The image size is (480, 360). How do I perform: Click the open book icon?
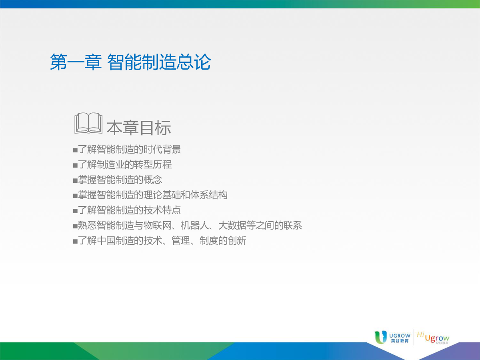click(x=88, y=123)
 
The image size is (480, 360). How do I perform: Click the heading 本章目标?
click(x=139, y=128)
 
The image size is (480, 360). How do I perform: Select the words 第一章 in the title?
click(x=76, y=62)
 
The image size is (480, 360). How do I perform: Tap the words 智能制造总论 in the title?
click(x=159, y=62)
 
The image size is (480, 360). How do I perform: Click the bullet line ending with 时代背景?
click(x=127, y=150)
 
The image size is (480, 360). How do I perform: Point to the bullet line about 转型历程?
click(x=122, y=164)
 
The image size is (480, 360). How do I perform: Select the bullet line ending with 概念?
click(x=118, y=180)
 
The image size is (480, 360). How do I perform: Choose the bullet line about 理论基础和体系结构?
click(x=150, y=195)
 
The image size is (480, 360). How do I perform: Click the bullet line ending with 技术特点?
click(x=127, y=210)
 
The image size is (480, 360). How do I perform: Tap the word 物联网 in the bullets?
click(x=158, y=225)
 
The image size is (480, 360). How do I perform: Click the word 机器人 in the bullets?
click(x=195, y=225)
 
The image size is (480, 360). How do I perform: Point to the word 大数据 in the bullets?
click(x=232, y=225)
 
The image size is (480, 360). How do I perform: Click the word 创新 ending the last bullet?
click(x=237, y=241)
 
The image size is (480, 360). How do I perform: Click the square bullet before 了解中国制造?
click(x=75, y=242)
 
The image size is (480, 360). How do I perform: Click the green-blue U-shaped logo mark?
click(x=381, y=337)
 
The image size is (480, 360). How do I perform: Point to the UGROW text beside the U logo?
click(x=400, y=336)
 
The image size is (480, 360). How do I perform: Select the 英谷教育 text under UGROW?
click(x=400, y=341)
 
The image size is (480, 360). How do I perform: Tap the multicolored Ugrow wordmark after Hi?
click(x=437, y=338)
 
